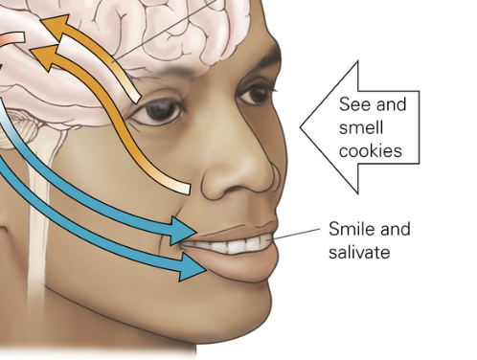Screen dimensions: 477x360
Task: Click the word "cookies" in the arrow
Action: tap(370, 150)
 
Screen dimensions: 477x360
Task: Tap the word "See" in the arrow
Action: tap(352, 104)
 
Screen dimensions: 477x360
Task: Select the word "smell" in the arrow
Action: tap(361, 127)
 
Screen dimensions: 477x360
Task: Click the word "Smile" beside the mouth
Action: tap(352, 229)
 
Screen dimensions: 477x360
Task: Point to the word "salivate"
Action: tap(359, 252)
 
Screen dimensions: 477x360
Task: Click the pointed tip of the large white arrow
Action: tap(301, 127)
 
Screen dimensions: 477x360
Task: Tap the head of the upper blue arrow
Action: tap(182, 231)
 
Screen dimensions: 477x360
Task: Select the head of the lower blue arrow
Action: tap(191, 266)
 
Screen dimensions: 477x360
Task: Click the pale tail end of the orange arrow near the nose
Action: tap(185, 189)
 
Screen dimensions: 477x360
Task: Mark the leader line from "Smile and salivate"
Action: tap(296, 234)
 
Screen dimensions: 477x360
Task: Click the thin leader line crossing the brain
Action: tap(166, 30)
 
